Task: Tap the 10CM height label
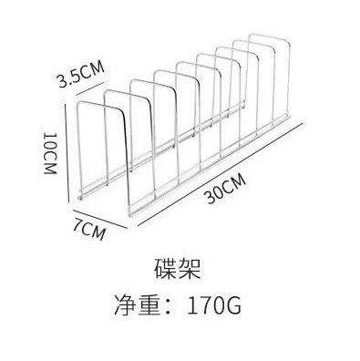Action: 50,153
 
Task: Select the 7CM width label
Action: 89,229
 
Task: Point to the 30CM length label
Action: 226,189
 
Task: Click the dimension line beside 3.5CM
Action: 92,88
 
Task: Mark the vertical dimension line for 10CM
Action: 67,152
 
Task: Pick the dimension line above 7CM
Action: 99,219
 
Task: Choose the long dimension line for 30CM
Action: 221,174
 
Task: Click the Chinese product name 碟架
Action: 178,269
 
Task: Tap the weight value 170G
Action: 214,304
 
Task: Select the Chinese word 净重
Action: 138,304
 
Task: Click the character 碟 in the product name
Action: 166,269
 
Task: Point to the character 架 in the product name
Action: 190,269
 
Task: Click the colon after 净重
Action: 171,305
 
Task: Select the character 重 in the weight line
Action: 149,304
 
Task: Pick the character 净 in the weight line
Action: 126,304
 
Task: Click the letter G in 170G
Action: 233,305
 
